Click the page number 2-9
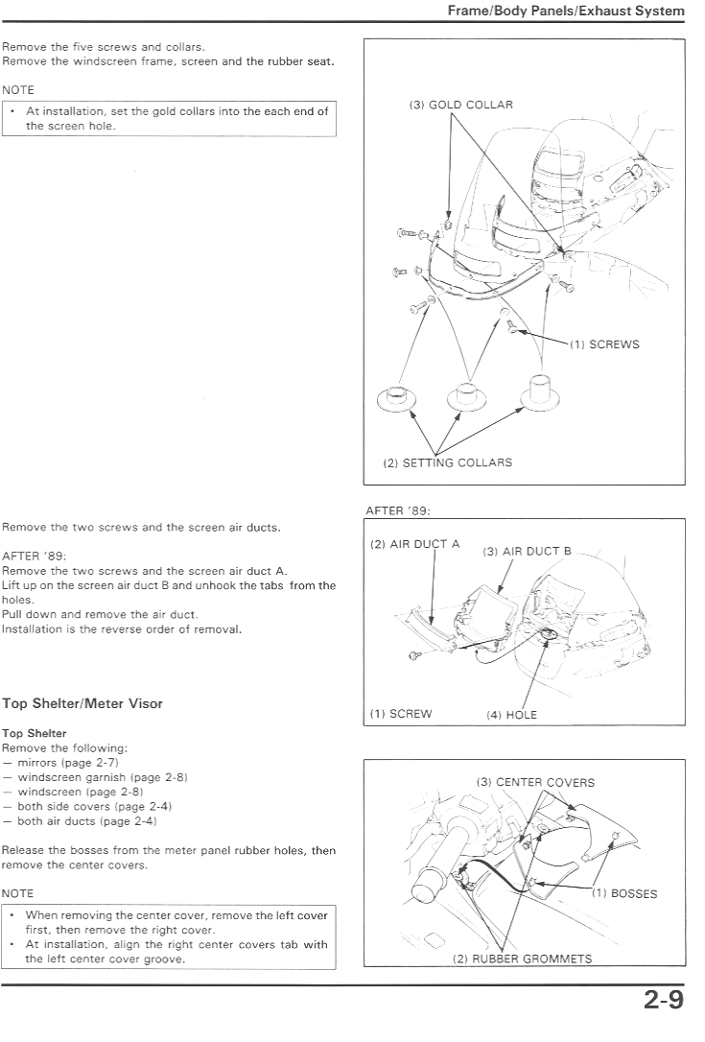coord(663,1000)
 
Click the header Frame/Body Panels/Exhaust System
coord(566,11)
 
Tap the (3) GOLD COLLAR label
coord(461,105)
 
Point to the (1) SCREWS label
coord(604,344)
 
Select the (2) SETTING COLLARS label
coord(448,462)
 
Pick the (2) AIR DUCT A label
coord(414,544)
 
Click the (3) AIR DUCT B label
coord(527,551)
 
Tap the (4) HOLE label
coord(511,715)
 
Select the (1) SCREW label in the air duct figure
coord(401,714)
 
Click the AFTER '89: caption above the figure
coord(398,510)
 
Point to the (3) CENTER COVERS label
coord(535,782)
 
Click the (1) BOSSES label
coord(624,894)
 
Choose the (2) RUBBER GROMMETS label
coord(522,959)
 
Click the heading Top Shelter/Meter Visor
coord(82,703)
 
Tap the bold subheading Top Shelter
coord(34,733)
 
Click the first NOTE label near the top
coord(18,90)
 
